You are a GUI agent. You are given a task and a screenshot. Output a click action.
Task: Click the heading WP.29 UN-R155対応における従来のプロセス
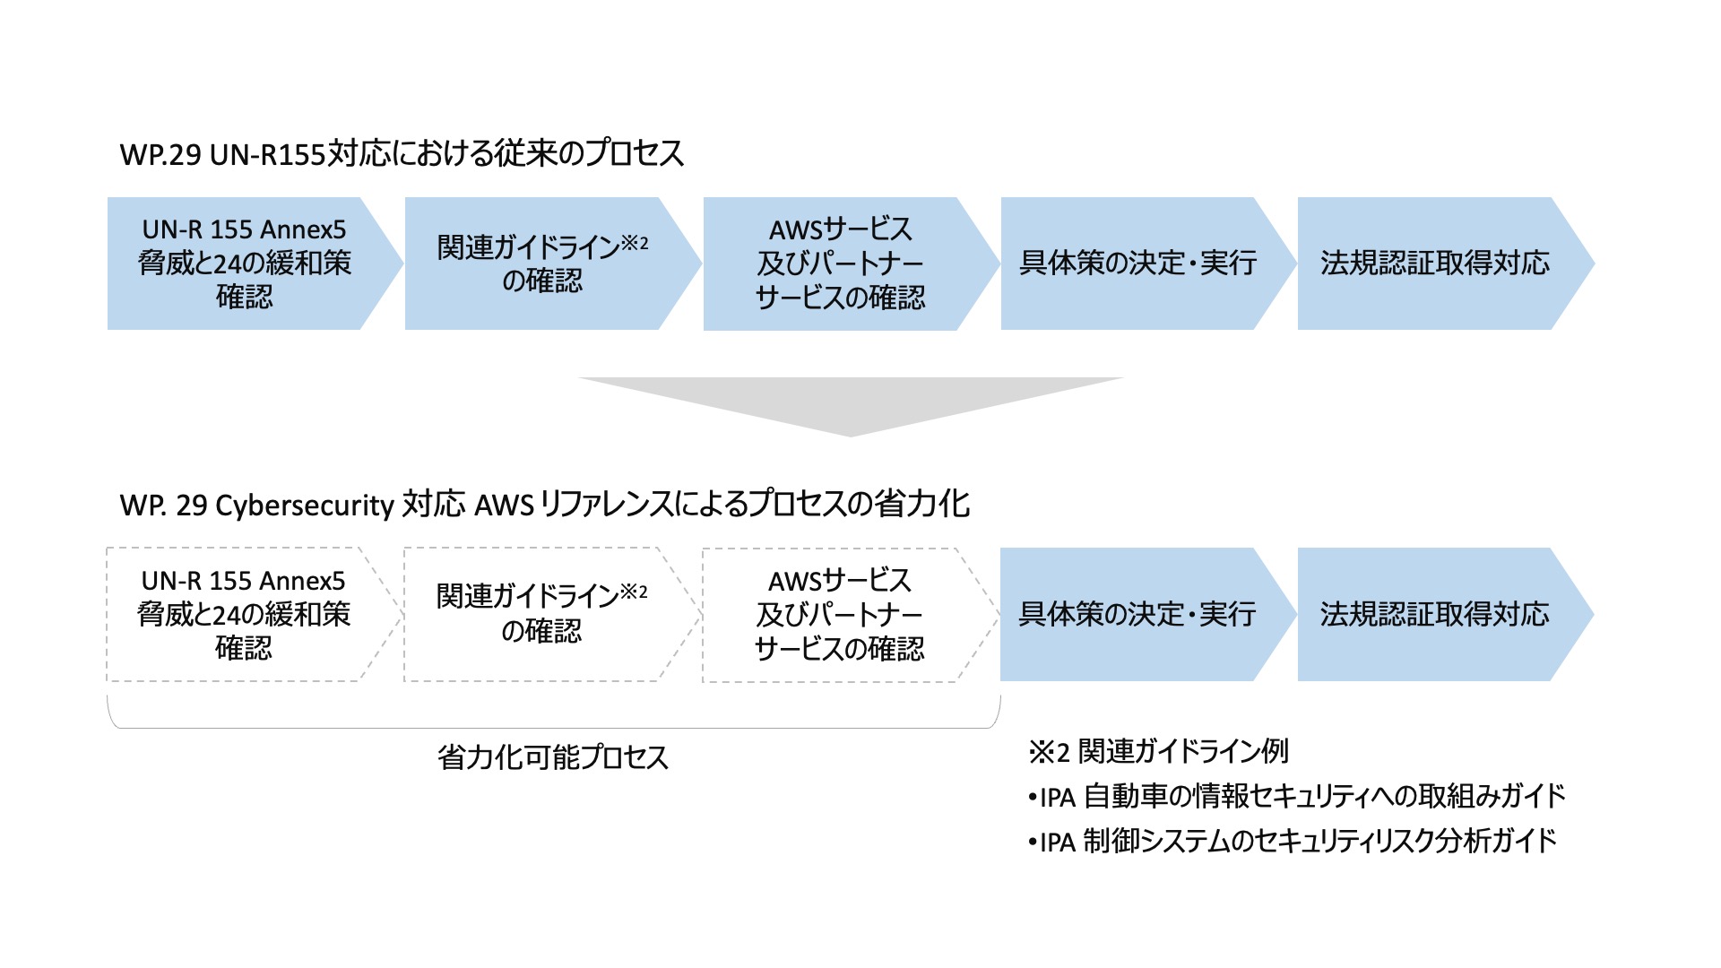[402, 154]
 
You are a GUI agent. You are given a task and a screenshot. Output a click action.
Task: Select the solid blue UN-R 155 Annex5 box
[244, 264]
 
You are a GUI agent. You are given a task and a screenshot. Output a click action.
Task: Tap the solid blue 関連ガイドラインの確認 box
[541, 264]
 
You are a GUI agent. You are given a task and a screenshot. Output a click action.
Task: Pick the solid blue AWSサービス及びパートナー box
[840, 264]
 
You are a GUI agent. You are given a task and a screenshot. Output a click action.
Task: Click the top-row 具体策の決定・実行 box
[1137, 264]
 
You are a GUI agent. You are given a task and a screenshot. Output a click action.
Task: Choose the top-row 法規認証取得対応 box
[1434, 264]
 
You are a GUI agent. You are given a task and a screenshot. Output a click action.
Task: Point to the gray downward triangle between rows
[850, 403]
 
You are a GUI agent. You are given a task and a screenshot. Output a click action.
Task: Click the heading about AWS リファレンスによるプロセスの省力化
[544, 505]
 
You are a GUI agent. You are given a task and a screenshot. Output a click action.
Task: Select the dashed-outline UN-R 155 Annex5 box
[243, 615]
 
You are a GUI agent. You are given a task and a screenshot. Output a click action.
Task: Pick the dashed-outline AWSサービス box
[839, 615]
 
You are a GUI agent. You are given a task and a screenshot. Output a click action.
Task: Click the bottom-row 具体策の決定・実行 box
[1137, 615]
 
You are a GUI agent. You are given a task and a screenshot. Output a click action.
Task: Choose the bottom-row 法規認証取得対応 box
[1434, 615]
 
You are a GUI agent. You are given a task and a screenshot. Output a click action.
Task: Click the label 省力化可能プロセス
[553, 757]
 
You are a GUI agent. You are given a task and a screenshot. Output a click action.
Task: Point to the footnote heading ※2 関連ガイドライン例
[1158, 751]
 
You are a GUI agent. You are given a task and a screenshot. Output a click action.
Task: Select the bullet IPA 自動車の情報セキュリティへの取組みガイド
[1296, 796]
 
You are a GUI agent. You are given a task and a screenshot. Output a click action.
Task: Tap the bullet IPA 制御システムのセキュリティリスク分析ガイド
[1292, 841]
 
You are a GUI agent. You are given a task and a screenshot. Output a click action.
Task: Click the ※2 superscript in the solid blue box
[635, 242]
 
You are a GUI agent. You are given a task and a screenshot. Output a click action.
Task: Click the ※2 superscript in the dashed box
[634, 592]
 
